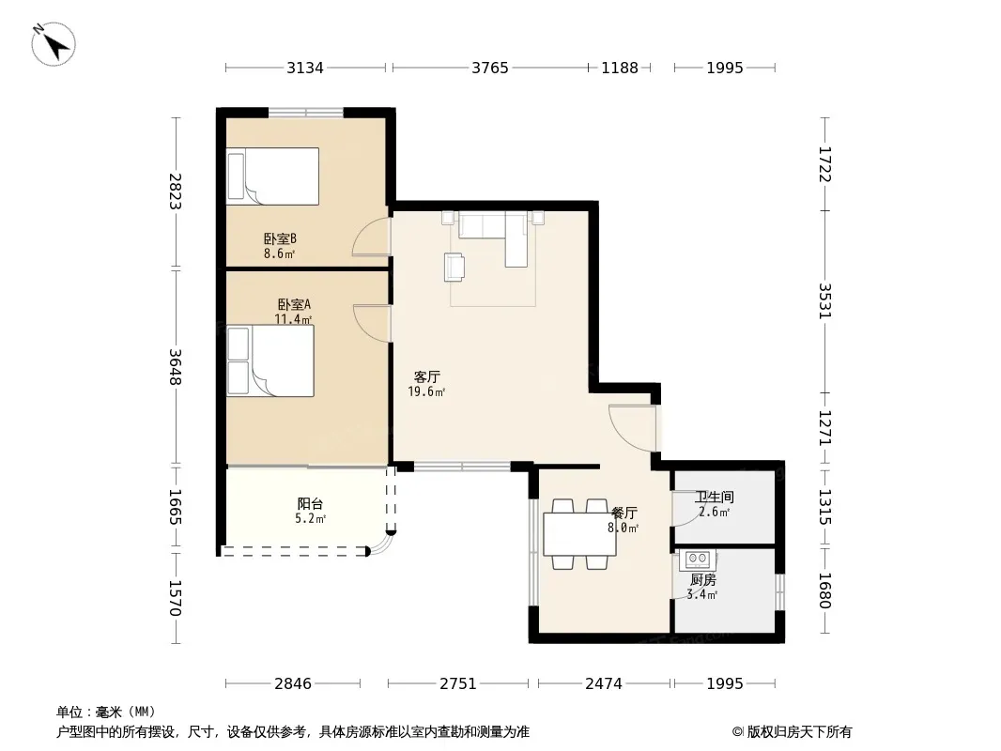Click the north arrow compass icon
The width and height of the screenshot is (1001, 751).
pyautogui.click(x=54, y=44)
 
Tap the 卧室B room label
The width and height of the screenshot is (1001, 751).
pyautogui.click(x=280, y=238)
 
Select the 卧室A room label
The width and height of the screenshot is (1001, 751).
pyautogui.click(x=294, y=304)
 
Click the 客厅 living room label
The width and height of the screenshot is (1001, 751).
pyautogui.click(x=426, y=376)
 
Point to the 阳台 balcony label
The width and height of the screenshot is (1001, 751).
pyautogui.click(x=310, y=504)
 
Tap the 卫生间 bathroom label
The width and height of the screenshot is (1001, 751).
pyautogui.click(x=715, y=497)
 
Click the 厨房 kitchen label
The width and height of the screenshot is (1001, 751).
pyautogui.click(x=703, y=579)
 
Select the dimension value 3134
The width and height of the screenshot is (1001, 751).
pyautogui.click(x=305, y=68)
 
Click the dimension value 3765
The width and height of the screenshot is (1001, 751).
pyautogui.click(x=490, y=68)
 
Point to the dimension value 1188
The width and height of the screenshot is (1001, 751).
pyautogui.click(x=620, y=68)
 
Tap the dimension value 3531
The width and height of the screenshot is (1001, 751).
pyautogui.click(x=824, y=300)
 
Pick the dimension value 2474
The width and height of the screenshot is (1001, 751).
pyautogui.click(x=604, y=684)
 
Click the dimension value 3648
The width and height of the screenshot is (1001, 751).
pyautogui.click(x=176, y=367)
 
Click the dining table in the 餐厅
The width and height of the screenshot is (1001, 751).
pyautogui.click(x=579, y=534)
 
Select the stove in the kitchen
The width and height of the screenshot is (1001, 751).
pyautogui.click(x=697, y=559)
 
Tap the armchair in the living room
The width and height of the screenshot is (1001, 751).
pyautogui.click(x=454, y=267)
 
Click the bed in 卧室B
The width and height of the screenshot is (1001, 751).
pyautogui.click(x=272, y=176)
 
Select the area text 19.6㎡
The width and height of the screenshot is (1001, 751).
pyautogui.click(x=426, y=391)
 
